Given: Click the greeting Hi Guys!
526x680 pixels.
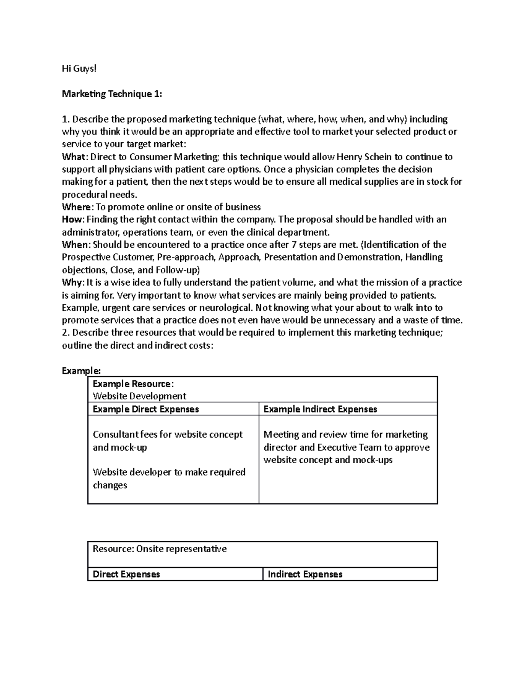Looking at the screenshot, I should click(78, 69).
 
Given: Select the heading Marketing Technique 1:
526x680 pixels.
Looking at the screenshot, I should click(112, 94).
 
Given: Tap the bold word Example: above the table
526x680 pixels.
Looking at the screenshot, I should click(81, 371).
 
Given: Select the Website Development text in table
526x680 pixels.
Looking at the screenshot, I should click(139, 396).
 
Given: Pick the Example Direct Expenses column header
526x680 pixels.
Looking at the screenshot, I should click(146, 409).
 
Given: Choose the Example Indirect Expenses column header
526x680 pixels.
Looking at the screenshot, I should click(320, 409).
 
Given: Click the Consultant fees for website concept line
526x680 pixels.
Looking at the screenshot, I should click(167, 434).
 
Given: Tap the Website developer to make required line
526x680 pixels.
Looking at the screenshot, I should click(169, 472).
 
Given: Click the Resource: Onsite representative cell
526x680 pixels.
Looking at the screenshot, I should click(160, 549).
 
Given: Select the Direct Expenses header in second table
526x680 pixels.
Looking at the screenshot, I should click(126, 574).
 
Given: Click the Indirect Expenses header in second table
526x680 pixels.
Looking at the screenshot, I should click(305, 574).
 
